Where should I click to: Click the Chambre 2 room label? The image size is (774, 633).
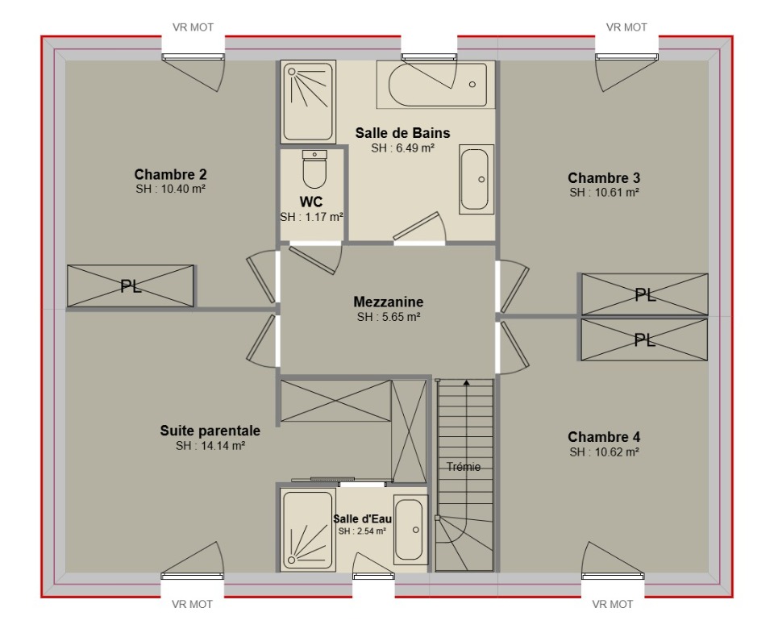point(170,174)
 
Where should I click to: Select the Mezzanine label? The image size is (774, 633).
point(389,302)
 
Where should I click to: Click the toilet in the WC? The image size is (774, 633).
point(314,169)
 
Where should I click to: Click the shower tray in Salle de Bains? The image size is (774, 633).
point(308,102)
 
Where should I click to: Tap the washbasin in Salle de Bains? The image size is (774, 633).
point(476,179)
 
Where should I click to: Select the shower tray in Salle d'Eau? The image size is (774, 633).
point(307,529)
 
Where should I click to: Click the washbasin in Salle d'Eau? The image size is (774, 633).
point(410,529)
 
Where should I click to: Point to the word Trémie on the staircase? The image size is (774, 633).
point(464,467)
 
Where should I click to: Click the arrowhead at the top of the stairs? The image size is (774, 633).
point(467,381)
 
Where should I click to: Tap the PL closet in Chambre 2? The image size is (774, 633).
point(131,286)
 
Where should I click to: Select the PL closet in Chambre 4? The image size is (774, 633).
point(644,339)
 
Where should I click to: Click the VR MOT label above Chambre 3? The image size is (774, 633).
point(626,27)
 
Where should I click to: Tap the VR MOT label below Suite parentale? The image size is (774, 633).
point(192,604)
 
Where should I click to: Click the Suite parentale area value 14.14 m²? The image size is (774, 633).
point(210,446)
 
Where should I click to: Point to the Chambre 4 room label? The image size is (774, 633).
point(604,437)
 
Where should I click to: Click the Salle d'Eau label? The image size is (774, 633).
point(362,519)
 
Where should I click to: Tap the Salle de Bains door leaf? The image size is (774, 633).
point(417,226)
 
